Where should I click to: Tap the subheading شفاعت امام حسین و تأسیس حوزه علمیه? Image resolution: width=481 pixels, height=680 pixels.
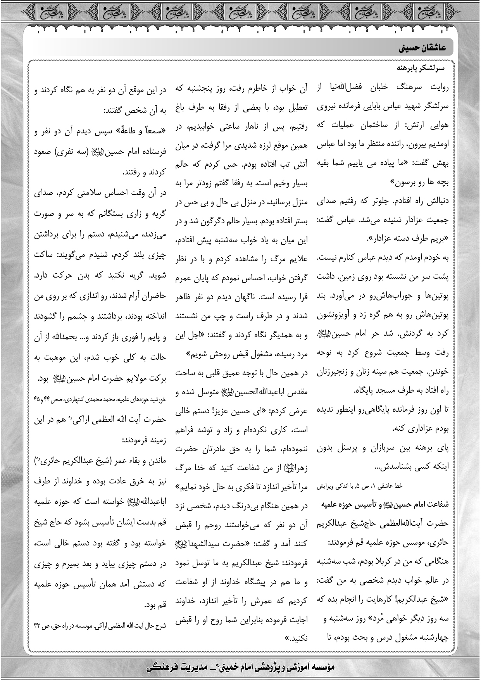385,504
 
